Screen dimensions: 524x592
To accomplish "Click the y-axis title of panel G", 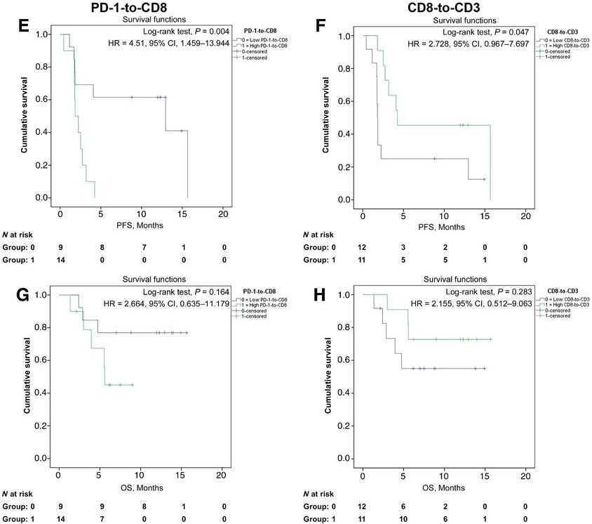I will pyautogui.click(x=27, y=376).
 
